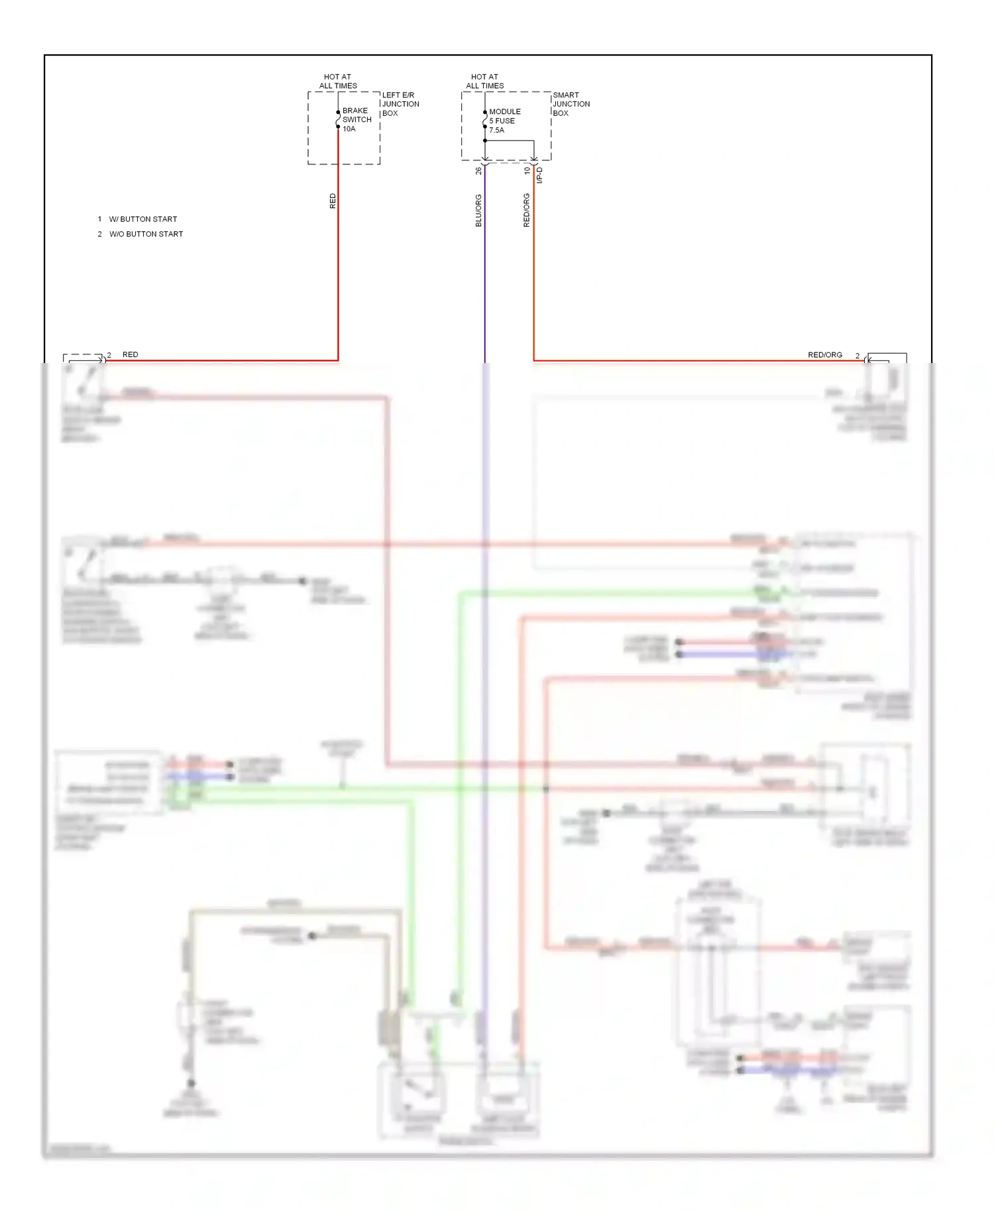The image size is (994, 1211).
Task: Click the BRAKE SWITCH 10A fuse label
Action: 356,120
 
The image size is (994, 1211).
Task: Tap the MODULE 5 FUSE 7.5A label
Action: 504,121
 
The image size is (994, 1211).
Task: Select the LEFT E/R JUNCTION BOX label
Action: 400,104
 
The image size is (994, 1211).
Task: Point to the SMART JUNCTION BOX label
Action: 571,104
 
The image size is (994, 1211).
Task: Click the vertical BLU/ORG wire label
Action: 478,211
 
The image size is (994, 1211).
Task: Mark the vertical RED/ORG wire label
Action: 527,211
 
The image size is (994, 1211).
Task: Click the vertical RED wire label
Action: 333,201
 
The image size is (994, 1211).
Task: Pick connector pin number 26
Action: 478,171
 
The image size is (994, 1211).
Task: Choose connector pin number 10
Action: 527,171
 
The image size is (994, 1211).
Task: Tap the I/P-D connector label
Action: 539,175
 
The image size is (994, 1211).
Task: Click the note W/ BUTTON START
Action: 142,219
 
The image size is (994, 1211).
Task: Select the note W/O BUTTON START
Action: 146,235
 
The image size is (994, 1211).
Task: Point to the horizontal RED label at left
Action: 131,355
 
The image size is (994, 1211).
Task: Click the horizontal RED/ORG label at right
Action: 824,355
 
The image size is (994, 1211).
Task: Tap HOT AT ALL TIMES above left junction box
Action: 338,81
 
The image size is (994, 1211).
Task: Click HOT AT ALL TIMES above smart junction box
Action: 484,81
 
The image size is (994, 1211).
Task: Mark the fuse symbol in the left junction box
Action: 338,120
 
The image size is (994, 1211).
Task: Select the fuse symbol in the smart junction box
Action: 485,120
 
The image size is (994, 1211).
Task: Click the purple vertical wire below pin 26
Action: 484,278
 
